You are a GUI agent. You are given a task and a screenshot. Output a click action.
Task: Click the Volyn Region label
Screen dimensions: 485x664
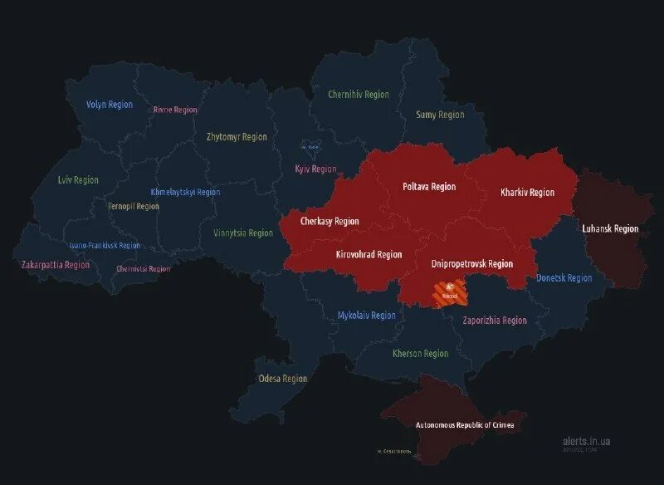[109, 105]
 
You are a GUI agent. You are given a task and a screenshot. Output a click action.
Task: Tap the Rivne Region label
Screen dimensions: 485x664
[175, 110]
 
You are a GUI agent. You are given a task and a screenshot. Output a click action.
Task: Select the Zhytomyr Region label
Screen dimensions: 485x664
[237, 137]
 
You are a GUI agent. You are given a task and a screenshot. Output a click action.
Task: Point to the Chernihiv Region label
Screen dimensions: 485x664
[358, 95]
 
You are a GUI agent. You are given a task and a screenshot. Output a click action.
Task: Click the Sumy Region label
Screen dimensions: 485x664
[440, 115]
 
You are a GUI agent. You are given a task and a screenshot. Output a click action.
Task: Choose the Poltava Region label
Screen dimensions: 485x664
[429, 187]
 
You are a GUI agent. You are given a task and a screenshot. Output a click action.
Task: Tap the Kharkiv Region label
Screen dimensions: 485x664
[527, 193]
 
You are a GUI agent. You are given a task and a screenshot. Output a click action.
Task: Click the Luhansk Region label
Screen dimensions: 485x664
[611, 228]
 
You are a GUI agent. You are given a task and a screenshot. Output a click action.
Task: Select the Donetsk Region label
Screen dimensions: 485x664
[564, 278]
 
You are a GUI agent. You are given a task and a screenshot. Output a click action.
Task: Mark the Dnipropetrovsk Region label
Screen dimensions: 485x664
[472, 264]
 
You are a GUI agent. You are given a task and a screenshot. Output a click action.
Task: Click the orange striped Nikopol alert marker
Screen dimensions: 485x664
[449, 292]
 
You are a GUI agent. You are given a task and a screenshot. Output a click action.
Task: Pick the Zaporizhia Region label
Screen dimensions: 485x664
[494, 321]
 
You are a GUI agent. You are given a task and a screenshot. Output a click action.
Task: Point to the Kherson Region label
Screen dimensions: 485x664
[420, 354]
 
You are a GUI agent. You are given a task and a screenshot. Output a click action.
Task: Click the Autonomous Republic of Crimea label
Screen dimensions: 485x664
[465, 425]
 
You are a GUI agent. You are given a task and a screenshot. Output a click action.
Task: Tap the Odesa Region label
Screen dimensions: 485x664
[282, 379]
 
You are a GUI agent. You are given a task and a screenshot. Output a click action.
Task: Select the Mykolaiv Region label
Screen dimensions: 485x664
[367, 316]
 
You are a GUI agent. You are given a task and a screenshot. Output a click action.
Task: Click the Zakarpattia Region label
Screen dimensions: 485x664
[56, 265]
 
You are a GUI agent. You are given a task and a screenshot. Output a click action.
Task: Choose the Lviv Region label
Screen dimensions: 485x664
[78, 180]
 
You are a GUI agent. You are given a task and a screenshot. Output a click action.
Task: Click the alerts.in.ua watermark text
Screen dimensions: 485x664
[585, 442]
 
